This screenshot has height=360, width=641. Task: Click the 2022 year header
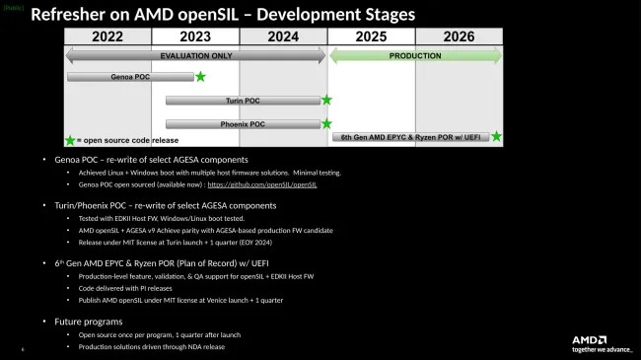click(107, 36)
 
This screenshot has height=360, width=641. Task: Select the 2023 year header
click(195, 36)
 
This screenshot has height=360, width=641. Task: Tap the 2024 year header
click(282, 36)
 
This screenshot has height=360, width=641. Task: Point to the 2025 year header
click(371, 36)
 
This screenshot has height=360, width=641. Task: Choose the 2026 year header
click(459, 36)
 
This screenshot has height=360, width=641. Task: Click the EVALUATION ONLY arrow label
click(195, 56)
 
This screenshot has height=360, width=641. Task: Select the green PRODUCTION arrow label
click(415, 56)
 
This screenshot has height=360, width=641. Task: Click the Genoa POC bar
click(130, 76)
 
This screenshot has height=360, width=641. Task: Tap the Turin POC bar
click(243, 100)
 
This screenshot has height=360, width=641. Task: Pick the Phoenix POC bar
click(243, 123)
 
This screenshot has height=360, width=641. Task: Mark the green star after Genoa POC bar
click(200, 76)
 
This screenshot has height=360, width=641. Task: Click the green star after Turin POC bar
click(326, 100)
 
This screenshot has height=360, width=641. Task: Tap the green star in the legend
click(70, 140)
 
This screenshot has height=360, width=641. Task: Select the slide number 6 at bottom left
click(23, 348)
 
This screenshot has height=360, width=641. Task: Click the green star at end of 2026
click(496, 136)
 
